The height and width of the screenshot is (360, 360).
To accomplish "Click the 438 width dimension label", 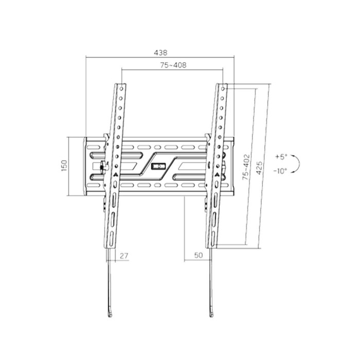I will click(160, 52).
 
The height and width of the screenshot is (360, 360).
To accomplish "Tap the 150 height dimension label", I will click(64, 166).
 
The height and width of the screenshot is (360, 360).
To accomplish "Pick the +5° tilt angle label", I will click(281, 156).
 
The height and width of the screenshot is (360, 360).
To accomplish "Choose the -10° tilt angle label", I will click(281, 171).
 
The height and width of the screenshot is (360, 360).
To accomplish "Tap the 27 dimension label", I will click(123, 255).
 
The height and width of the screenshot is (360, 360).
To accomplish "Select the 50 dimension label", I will click(198, 255).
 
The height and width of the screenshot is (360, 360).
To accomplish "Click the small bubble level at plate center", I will click(158, 166).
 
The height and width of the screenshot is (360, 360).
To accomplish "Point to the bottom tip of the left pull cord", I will click(110, 314).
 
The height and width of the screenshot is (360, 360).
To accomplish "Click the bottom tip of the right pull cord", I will click(211, 314).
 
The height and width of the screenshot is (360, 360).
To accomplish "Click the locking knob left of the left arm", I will click(103, 166).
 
